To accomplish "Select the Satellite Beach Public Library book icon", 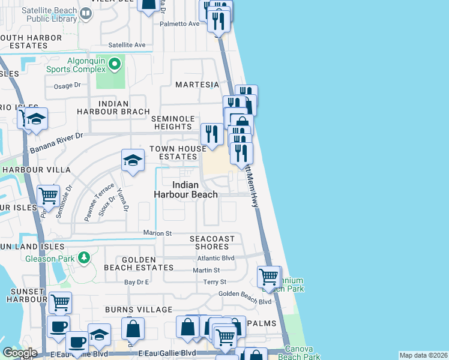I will (86, 13).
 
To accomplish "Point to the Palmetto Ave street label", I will (179, 24).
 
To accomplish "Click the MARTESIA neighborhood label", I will (196, 85).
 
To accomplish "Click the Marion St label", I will (157, 233).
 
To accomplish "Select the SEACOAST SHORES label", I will (216, 243).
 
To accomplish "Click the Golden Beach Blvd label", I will (245, 293).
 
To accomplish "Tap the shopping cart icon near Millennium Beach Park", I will (268, 277).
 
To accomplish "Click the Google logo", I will (20, 353).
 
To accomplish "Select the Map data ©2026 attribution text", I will (424, 355).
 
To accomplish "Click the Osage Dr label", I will (67, 86).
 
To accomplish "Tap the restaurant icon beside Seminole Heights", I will (211, 134).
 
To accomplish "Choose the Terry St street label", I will (214, 282).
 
